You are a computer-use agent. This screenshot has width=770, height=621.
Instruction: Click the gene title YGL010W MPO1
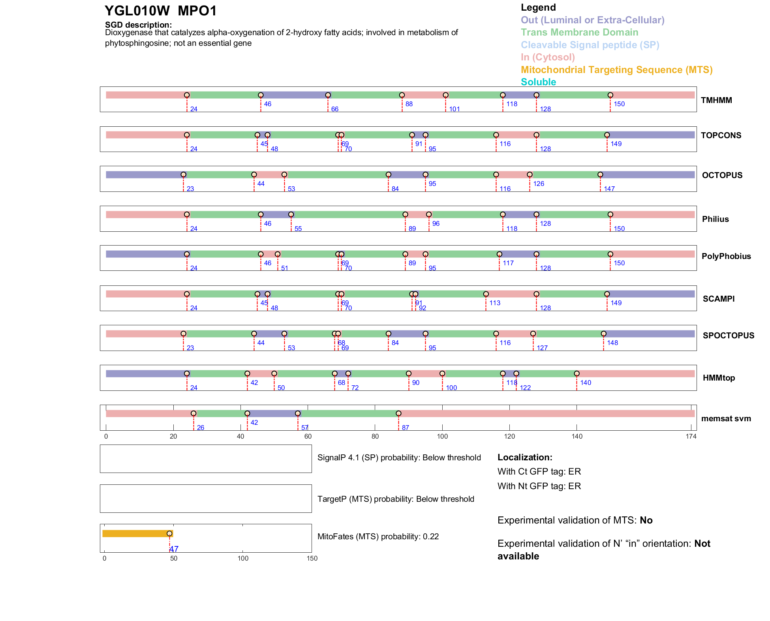point(161,11)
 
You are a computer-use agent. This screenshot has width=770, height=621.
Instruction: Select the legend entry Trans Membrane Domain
point(579,32)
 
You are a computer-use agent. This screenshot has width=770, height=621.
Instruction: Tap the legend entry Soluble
point(538,82)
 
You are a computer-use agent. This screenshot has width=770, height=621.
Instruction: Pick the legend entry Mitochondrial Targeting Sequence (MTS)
point(616,70)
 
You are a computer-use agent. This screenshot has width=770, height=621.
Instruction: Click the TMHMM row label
point(716,100)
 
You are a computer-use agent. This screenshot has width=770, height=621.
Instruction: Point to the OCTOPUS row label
point(722,175)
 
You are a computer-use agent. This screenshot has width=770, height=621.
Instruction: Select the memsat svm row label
point(726,418)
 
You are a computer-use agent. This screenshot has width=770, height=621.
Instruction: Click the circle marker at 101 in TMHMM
point(445,95)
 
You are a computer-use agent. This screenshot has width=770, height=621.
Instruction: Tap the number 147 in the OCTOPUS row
point(609,189)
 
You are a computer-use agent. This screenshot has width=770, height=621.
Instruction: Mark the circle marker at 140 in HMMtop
point(577,373)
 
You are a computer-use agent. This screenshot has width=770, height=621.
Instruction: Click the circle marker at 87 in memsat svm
point(398,413)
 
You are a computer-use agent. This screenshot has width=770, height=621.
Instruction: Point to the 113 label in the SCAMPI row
point(495,303)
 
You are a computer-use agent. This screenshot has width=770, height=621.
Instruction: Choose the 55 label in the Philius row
point(298,229)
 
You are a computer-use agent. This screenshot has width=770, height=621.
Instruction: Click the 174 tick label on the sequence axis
point(691,437)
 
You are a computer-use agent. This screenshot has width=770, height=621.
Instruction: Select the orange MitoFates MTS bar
point(136,534)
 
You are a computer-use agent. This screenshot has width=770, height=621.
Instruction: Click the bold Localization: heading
point(525,458)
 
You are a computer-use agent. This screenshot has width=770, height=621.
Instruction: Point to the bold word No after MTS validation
point(646,520)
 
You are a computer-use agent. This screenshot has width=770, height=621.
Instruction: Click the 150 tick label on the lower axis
point(312,559)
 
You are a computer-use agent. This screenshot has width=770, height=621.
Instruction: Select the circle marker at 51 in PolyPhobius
point(278,254)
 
